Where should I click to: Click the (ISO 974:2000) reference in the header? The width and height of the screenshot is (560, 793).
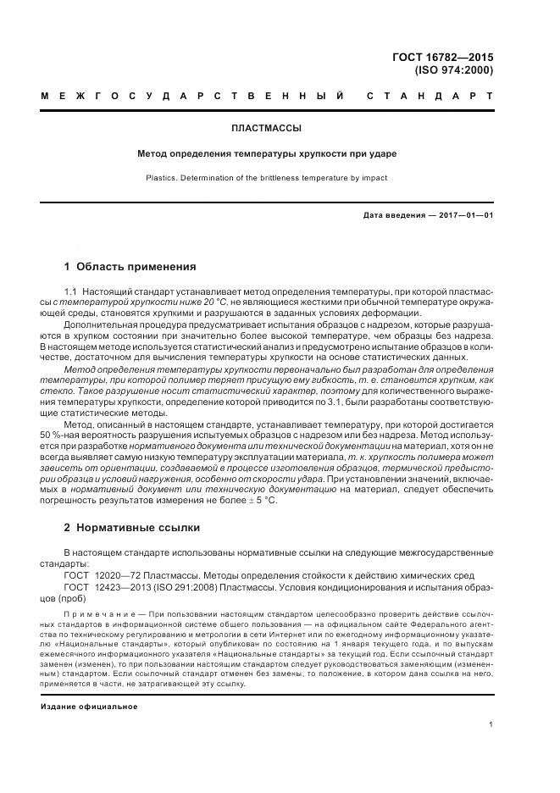[453, 70]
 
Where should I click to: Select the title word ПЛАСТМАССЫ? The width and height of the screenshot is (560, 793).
[267, 129]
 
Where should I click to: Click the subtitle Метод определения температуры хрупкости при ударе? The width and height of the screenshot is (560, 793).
[267, 154]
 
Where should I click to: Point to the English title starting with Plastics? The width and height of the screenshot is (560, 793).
[267, 179]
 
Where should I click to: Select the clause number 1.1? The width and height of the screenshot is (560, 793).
[71, 291]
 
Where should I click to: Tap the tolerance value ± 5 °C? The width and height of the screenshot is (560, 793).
[263, 500]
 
